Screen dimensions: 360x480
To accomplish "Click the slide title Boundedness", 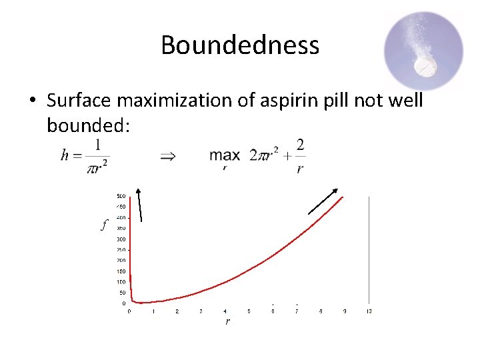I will click(x=240, y=45).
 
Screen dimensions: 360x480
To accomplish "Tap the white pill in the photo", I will click(x=425, y=66).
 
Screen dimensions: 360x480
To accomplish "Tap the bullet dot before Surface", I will click(x=32, y=101).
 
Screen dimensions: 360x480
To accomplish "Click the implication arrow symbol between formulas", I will click(x=168, y=157).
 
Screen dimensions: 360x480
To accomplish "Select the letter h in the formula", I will click(x=65, y=155).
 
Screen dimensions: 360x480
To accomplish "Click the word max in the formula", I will click(x=225, y=155).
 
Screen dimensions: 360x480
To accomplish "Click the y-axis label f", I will click(x=104, y=226).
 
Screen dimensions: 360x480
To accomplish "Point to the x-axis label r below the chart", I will click(x=228, y=321).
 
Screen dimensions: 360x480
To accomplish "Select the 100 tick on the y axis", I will click(x=121, y=282).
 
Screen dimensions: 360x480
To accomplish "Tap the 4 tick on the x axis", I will click(x=225, y=311).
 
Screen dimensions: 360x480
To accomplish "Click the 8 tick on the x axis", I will click(x=321, y=311).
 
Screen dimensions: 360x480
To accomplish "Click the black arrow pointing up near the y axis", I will click(x=139, y=203).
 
